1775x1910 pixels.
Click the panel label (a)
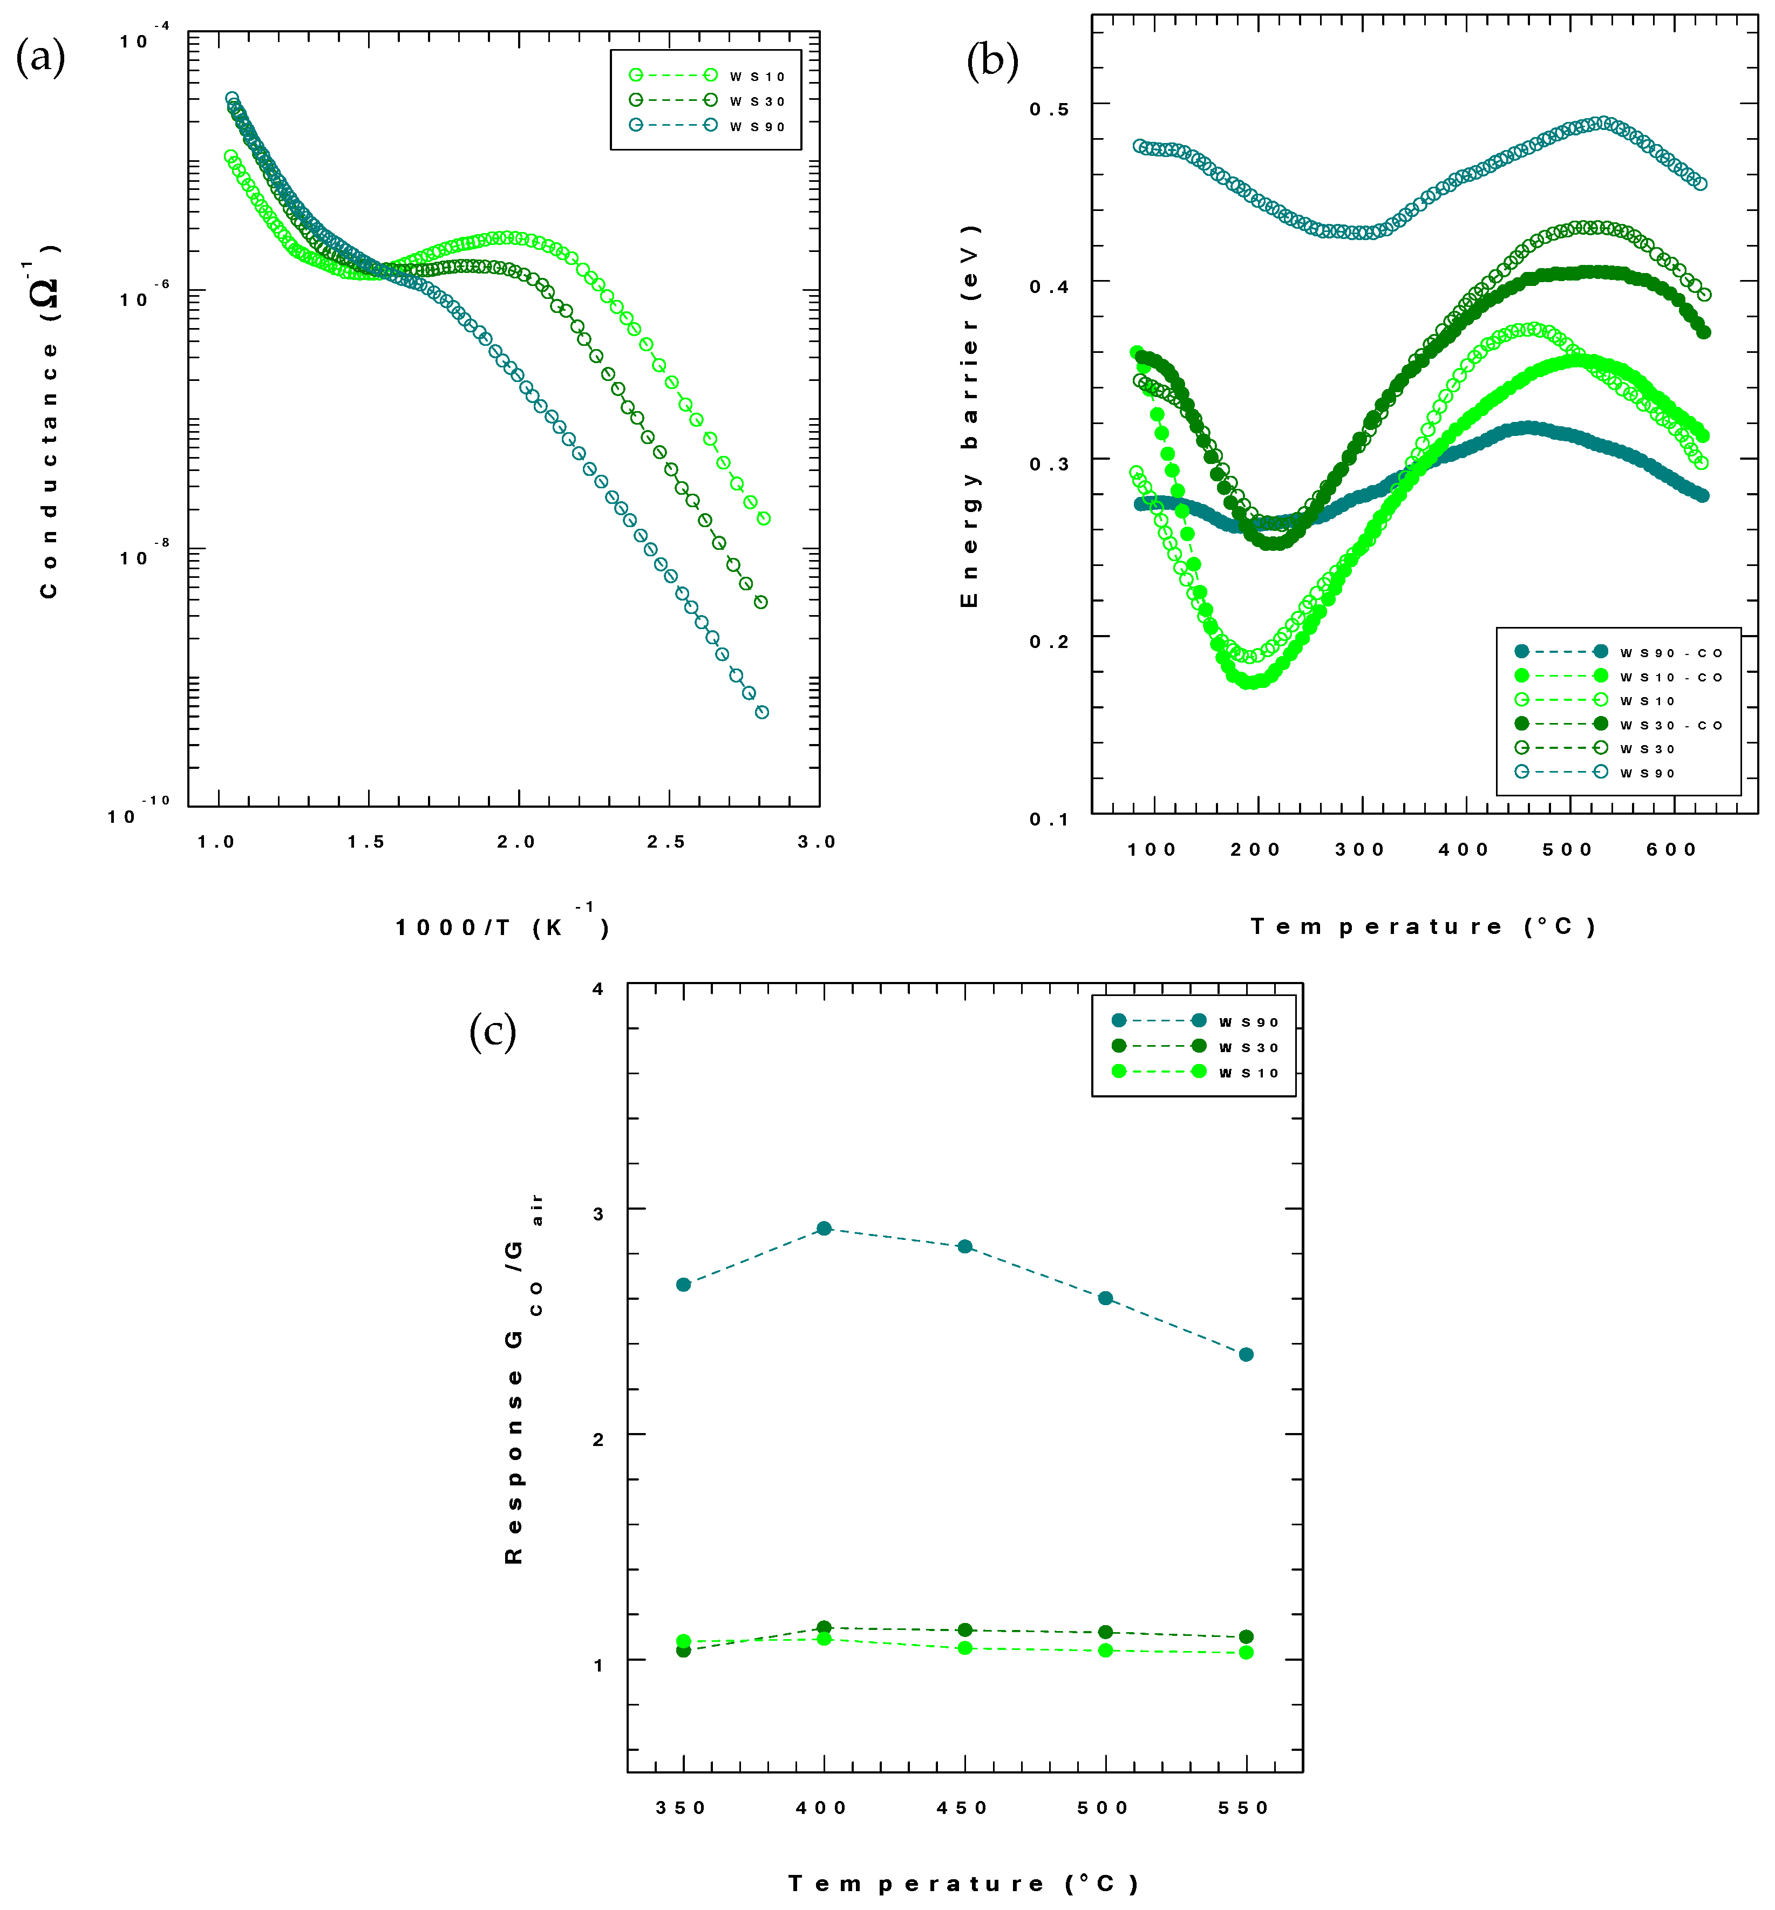[40, 59]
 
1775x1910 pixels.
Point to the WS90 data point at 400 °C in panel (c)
[824, 1228]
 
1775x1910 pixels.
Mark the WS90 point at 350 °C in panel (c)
[684, 1285]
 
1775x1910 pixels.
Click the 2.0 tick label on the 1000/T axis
[516, 842]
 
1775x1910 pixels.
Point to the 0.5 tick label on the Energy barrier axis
[1049, 108]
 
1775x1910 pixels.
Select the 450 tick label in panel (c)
[962, 1808]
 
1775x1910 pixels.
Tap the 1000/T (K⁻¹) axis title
[501, 926]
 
